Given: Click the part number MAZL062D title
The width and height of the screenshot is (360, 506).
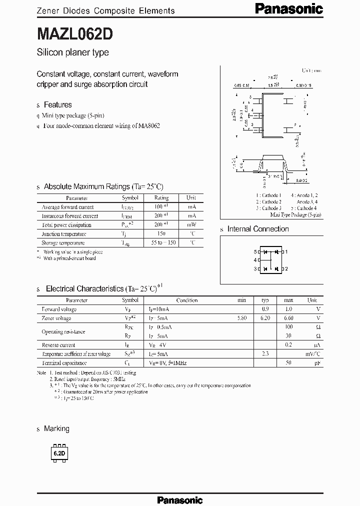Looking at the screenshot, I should click(75, 34).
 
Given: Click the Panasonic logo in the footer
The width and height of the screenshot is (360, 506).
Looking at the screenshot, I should click(180, 499).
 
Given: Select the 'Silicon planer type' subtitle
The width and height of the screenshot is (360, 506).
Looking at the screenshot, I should click(73, 52).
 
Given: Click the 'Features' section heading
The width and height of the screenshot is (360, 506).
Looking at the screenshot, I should click(57, 104).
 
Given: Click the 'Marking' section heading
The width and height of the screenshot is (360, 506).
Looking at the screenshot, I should click(56, 428).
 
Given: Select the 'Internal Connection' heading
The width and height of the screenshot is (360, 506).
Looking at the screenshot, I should click(258, 229).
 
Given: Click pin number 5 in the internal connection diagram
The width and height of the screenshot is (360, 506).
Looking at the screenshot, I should click(255, 251).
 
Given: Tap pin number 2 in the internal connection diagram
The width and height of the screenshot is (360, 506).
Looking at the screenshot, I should click(287, 260).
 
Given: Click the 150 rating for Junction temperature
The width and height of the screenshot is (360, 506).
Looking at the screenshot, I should click(160, 234).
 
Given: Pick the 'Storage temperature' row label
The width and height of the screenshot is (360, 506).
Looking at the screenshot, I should click(63, 243).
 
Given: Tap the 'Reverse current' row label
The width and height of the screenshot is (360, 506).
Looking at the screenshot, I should click(58, 345).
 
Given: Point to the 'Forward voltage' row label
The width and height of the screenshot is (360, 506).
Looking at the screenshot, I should click(59, 309).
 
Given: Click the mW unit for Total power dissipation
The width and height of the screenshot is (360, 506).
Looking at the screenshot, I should click(191, 225).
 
